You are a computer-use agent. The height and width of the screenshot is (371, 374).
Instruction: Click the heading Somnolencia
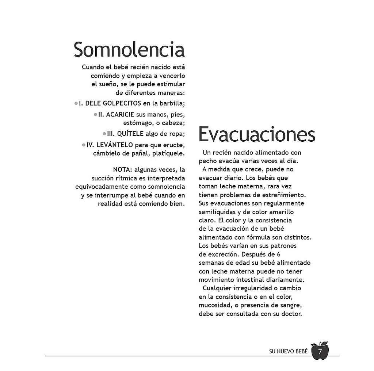pos(129,50)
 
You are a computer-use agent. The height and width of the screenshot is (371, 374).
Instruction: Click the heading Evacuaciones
pos(257,135)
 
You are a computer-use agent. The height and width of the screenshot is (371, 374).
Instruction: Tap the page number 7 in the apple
pos(320,352)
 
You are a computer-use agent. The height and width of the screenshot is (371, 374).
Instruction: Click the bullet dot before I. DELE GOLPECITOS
pos(76,103)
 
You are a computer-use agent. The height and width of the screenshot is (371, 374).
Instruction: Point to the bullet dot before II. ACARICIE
pos(95,114)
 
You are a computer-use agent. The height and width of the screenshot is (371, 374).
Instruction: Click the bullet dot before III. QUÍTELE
pos(104,134)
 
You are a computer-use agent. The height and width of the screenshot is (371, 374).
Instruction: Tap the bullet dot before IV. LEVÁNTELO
pos(84,145)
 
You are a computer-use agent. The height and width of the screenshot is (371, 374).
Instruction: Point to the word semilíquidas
pos(217,212)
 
